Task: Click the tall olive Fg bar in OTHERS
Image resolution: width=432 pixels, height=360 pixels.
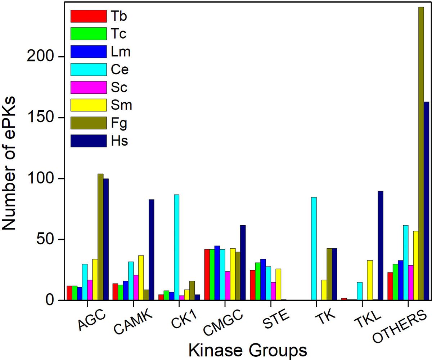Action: coord(421,153)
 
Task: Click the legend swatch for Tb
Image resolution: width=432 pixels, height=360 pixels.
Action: coord(88,15)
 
